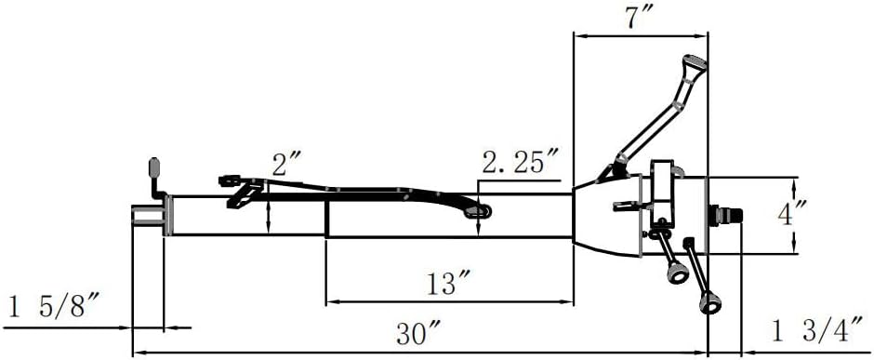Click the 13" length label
[448, 283]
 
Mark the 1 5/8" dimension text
[53, 307]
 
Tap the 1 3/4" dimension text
[815, 329]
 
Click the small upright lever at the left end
[154, 173]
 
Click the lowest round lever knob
[711, 301]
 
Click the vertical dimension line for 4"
[795, 215]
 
